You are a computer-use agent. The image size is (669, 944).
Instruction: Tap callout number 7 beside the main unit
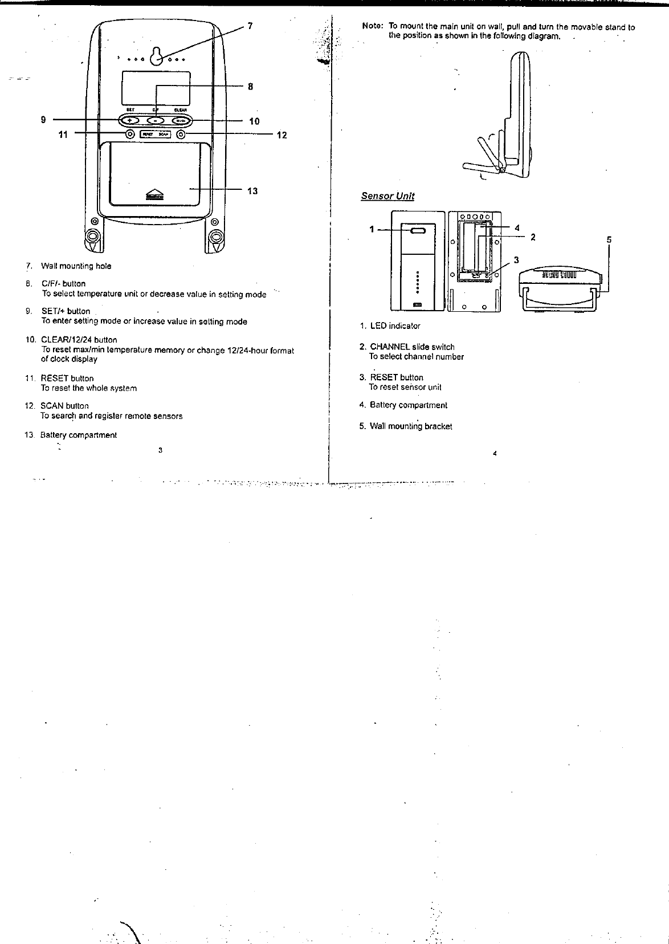[250, 26]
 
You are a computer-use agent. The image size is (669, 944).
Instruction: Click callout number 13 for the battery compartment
[252, 191]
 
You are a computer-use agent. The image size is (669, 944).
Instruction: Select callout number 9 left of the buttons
[43, 120]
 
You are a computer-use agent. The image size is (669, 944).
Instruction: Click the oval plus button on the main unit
[130, 120]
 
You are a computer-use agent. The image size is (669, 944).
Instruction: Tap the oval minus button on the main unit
[155, 120]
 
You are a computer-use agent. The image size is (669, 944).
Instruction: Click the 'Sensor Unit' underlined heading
[387, 196]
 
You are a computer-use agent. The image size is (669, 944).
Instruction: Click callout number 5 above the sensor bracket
[609, 240]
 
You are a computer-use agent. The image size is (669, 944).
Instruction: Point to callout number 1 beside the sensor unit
[372, 229]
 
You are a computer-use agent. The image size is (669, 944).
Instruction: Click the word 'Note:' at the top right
[373, 27]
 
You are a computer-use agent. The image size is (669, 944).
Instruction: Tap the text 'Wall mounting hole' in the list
[76, 266]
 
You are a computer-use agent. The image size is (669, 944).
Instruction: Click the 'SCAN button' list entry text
[64, 406]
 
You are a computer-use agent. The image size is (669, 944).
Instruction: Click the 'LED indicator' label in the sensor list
[395, 326]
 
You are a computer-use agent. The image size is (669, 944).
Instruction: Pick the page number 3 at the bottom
[161, 450]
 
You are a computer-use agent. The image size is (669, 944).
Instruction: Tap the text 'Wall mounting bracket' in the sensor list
[411, 426]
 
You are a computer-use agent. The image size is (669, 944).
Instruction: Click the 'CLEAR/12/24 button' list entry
[79, 340]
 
